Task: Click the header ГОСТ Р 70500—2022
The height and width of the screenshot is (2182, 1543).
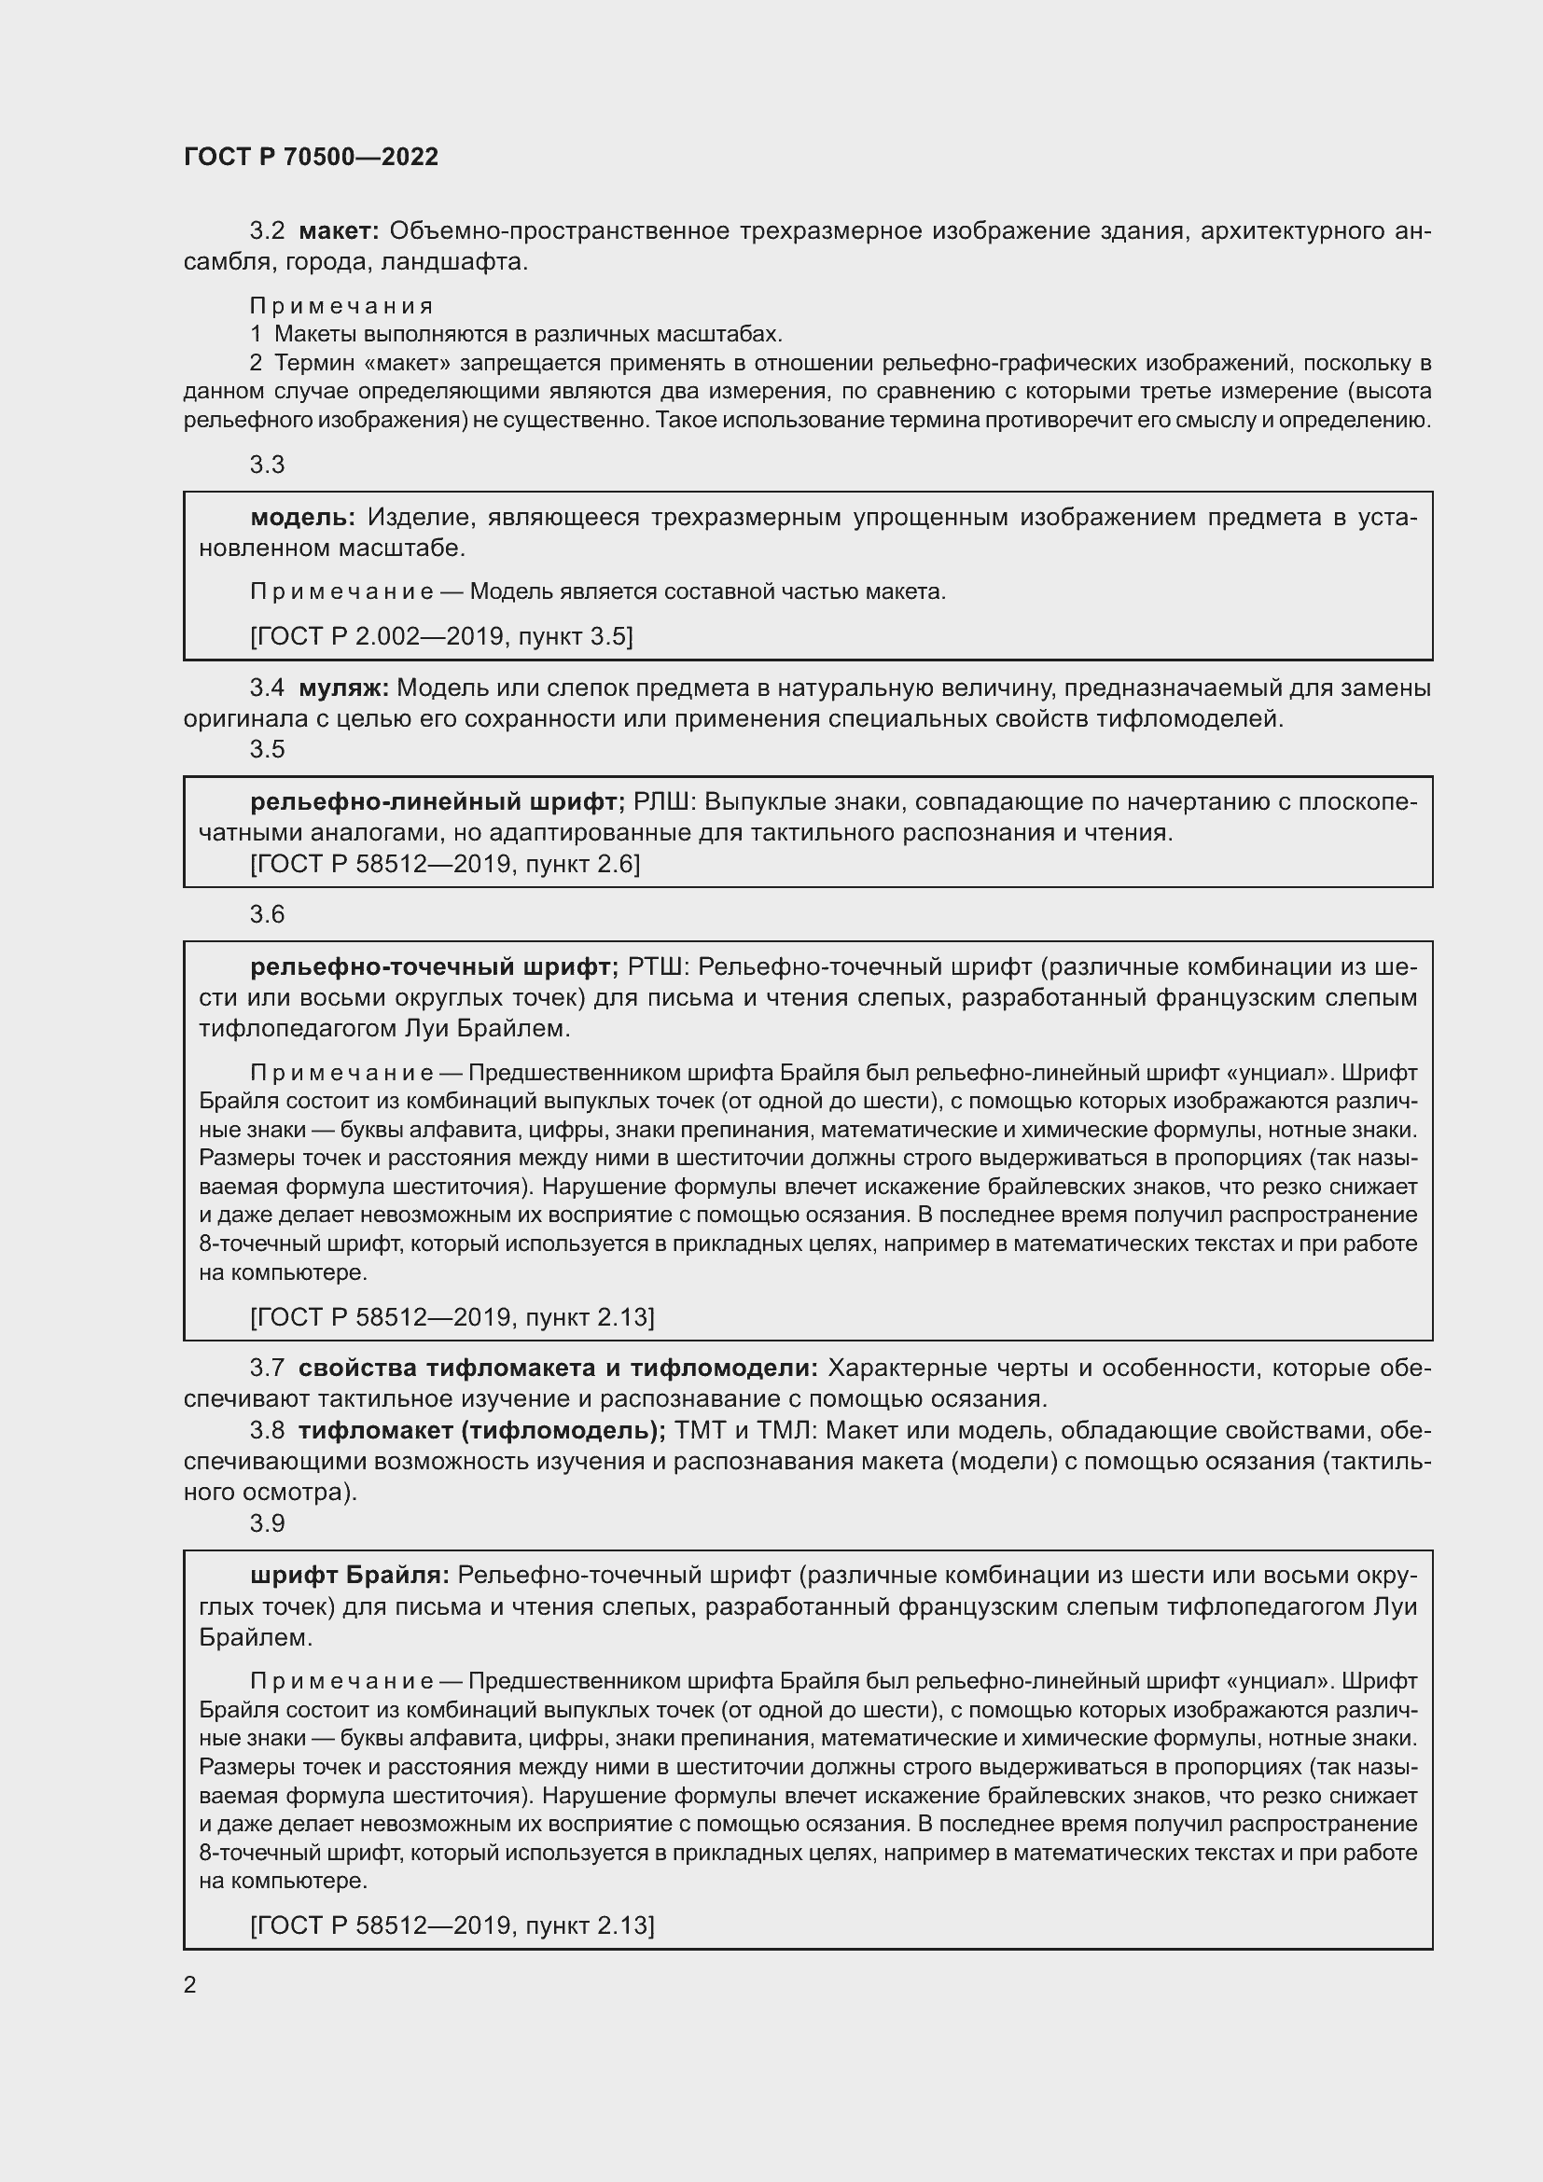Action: click(311, 158)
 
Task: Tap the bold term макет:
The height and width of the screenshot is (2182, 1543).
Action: click(340, 231)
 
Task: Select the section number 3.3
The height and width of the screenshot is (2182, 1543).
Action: click(267, 465)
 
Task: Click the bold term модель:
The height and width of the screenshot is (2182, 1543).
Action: click(302, 517)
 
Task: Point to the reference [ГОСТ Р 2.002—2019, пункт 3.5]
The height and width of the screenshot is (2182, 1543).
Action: click(441, 636)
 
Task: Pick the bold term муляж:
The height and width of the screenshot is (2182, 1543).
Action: click(344, 688)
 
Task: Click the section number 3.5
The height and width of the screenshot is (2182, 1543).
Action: click(267, 749)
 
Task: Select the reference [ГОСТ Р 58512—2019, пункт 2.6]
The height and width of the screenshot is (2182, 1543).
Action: click(445, 864)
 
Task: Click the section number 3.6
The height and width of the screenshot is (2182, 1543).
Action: click(267, 914)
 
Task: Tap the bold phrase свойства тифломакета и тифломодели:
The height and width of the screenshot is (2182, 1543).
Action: click(558, 1368)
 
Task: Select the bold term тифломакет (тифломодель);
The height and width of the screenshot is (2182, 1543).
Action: click(481, 1430)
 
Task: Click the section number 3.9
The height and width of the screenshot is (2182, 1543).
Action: click(267, 1523)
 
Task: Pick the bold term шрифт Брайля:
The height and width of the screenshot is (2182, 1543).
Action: click(350, 1576)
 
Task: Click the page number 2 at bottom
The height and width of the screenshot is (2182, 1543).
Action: click(190, 1984)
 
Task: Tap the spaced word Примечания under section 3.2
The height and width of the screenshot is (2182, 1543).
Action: click(341, 306)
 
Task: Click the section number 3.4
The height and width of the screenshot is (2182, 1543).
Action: click(267, 688)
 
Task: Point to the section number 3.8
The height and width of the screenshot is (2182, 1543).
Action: click(267, 1430)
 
